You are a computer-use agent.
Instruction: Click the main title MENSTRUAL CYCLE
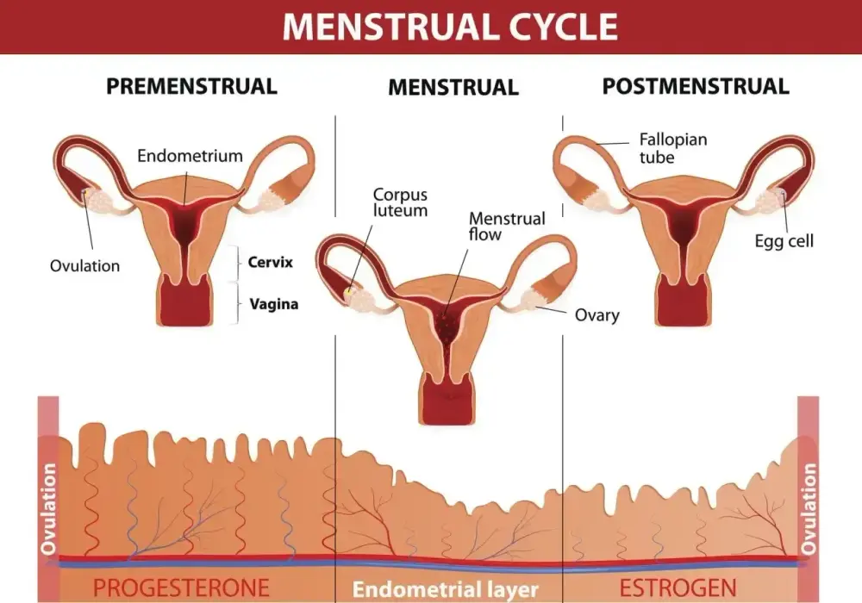click(450, 27)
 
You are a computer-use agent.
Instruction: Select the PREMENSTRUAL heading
click(191, 86)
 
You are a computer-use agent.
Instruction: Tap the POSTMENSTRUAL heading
click(696, 86)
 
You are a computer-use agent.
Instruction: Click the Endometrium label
click(190, 156)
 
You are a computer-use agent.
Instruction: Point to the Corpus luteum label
click(400, 202)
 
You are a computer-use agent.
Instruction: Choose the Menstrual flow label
click(507, 227)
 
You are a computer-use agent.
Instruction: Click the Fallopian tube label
click(673, 148)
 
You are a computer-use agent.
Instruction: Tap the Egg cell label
click(784, 241)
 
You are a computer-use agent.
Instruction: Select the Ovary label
click(597, 315)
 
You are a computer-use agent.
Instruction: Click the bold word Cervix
click(271, 262)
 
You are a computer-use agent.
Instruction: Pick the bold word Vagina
click(274, 304)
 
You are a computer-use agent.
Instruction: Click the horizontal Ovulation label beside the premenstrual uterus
click(84, 266)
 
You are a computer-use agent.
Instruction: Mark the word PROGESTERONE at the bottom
click(181, 587)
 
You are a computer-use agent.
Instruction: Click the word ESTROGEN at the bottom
click(678, 587)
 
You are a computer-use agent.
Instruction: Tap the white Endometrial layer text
click(446, 589)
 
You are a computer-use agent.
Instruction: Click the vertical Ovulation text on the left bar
click(48, 508)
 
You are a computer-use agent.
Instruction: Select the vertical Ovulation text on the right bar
click(809, 508)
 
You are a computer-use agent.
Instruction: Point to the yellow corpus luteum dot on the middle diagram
click(348, 292)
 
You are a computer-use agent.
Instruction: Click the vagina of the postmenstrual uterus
click(682, 301)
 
